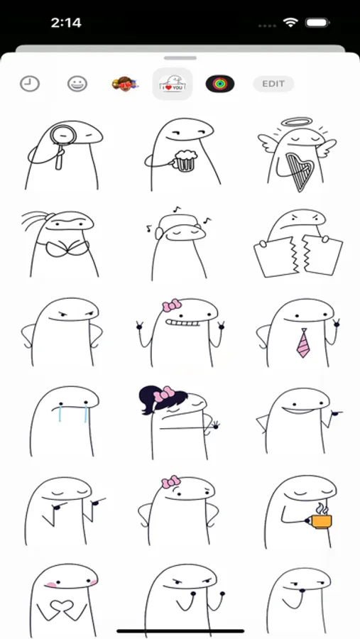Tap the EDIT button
point(273,84)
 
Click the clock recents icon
point(30,84)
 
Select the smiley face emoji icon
point(77,84)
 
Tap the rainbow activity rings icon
point(219,84)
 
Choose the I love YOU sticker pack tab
point(173,84)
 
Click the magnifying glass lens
point(63,135)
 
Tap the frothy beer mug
point(185,160)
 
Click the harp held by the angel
point(299,170)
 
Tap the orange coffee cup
point(321,521)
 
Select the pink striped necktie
point(303,343)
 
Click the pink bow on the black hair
point(163,394)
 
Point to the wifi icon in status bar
point(290,23)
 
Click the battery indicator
point(317,23)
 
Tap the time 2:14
point(66,23)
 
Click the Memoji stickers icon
point(125,84)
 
